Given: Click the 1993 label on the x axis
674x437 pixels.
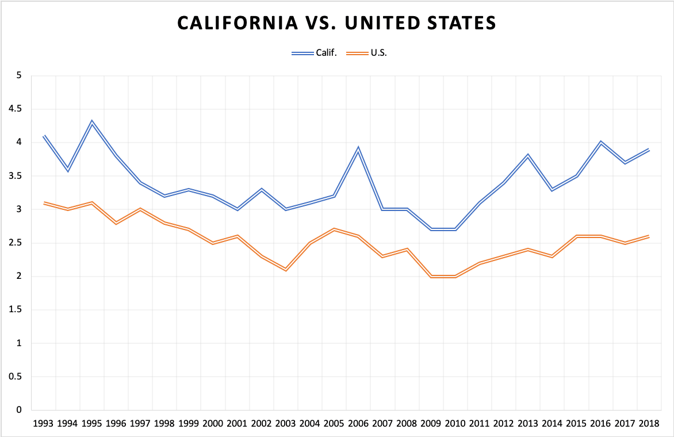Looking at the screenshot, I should point(44,423).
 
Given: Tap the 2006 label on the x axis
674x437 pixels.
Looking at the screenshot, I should point(358,423).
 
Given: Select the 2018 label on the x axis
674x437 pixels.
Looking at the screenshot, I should point(649,423).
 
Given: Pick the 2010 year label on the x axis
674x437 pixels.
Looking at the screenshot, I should point(455,423).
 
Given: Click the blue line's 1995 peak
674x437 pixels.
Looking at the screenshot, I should point(92,122).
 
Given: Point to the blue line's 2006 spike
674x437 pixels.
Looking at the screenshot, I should point(358,149).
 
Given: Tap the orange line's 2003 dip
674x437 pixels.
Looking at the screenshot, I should point(286,269).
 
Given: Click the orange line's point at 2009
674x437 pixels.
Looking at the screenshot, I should point(431,277).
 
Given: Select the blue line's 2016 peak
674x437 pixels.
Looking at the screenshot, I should point(600,142).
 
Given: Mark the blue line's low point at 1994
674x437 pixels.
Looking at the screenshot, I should point(68,170).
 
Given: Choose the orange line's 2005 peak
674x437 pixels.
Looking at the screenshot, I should point(334,229).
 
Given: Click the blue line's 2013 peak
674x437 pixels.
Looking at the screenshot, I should point(528,155).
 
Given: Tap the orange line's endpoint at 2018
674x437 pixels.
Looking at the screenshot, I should point(649,236).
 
